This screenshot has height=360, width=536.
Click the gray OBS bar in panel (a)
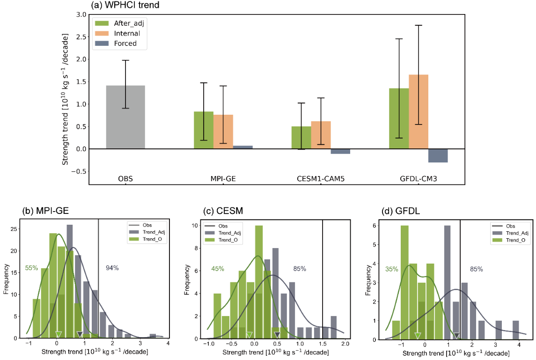point(125,117)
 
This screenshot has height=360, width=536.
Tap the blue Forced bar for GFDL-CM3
point(438,155)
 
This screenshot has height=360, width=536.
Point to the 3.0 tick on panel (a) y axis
point(80,15)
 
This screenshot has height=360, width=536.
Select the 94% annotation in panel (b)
point(112,268)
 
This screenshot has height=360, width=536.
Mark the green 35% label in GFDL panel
point(392,269)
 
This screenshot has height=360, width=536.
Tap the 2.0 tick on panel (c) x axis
point(345,344)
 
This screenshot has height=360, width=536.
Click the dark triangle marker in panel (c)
point(277,334)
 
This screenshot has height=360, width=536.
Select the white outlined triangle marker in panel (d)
point(418,335)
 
